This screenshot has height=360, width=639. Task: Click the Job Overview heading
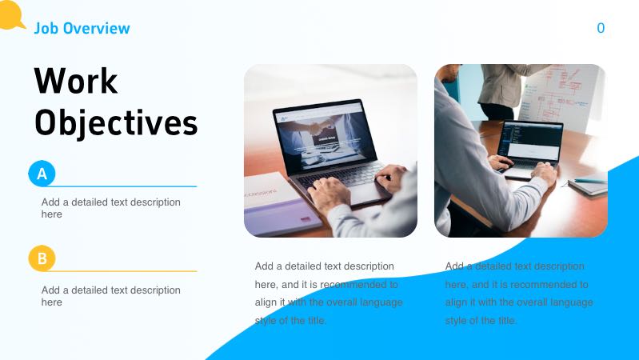point(82,28)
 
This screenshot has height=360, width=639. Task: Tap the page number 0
point(601,28)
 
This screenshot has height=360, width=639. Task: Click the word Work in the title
point(76,82)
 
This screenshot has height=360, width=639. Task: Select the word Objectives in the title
point(116,123)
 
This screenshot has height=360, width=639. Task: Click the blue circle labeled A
point(42,173)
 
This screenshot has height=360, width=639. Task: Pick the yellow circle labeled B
point(42,258)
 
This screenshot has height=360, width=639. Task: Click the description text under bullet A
point(111,208)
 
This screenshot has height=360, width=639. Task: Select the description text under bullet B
point(111,296)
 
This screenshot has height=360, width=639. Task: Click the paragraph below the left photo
point(329,293)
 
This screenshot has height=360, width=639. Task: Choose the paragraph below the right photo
point(519,293)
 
